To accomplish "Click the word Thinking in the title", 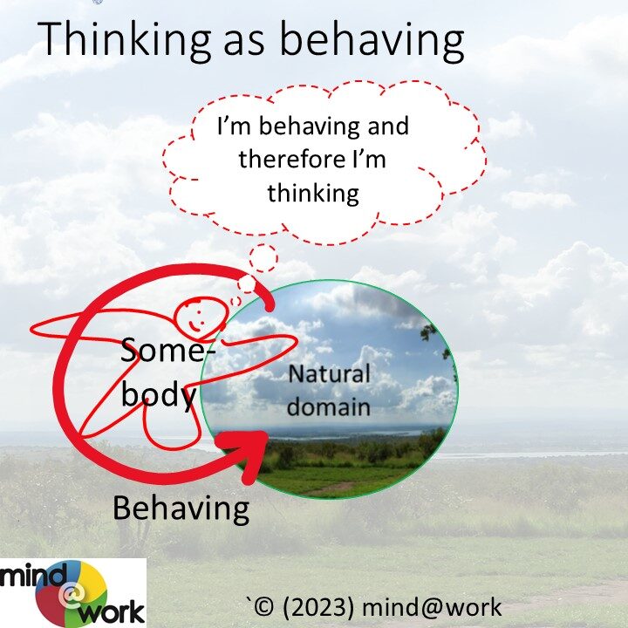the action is tap(124, 41).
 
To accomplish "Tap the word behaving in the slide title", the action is tap(372, 41).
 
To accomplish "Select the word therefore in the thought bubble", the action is tap(291, 159).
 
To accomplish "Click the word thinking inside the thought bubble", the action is tap(313, 194).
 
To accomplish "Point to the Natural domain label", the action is tap(329, 391).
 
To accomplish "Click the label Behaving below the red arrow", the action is tap(181, 509).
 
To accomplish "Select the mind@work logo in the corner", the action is tap(73, 593).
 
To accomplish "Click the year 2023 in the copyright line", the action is tap(318, 608).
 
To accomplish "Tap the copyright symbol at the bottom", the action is tap(264, 608).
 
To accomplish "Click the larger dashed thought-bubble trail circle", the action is tap(263, 258).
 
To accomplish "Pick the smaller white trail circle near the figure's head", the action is tap(247, 284).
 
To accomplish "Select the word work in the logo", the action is tap(112, 612).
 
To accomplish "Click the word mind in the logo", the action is tap(32, 576).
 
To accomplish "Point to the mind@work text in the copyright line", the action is tap(432, 608).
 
